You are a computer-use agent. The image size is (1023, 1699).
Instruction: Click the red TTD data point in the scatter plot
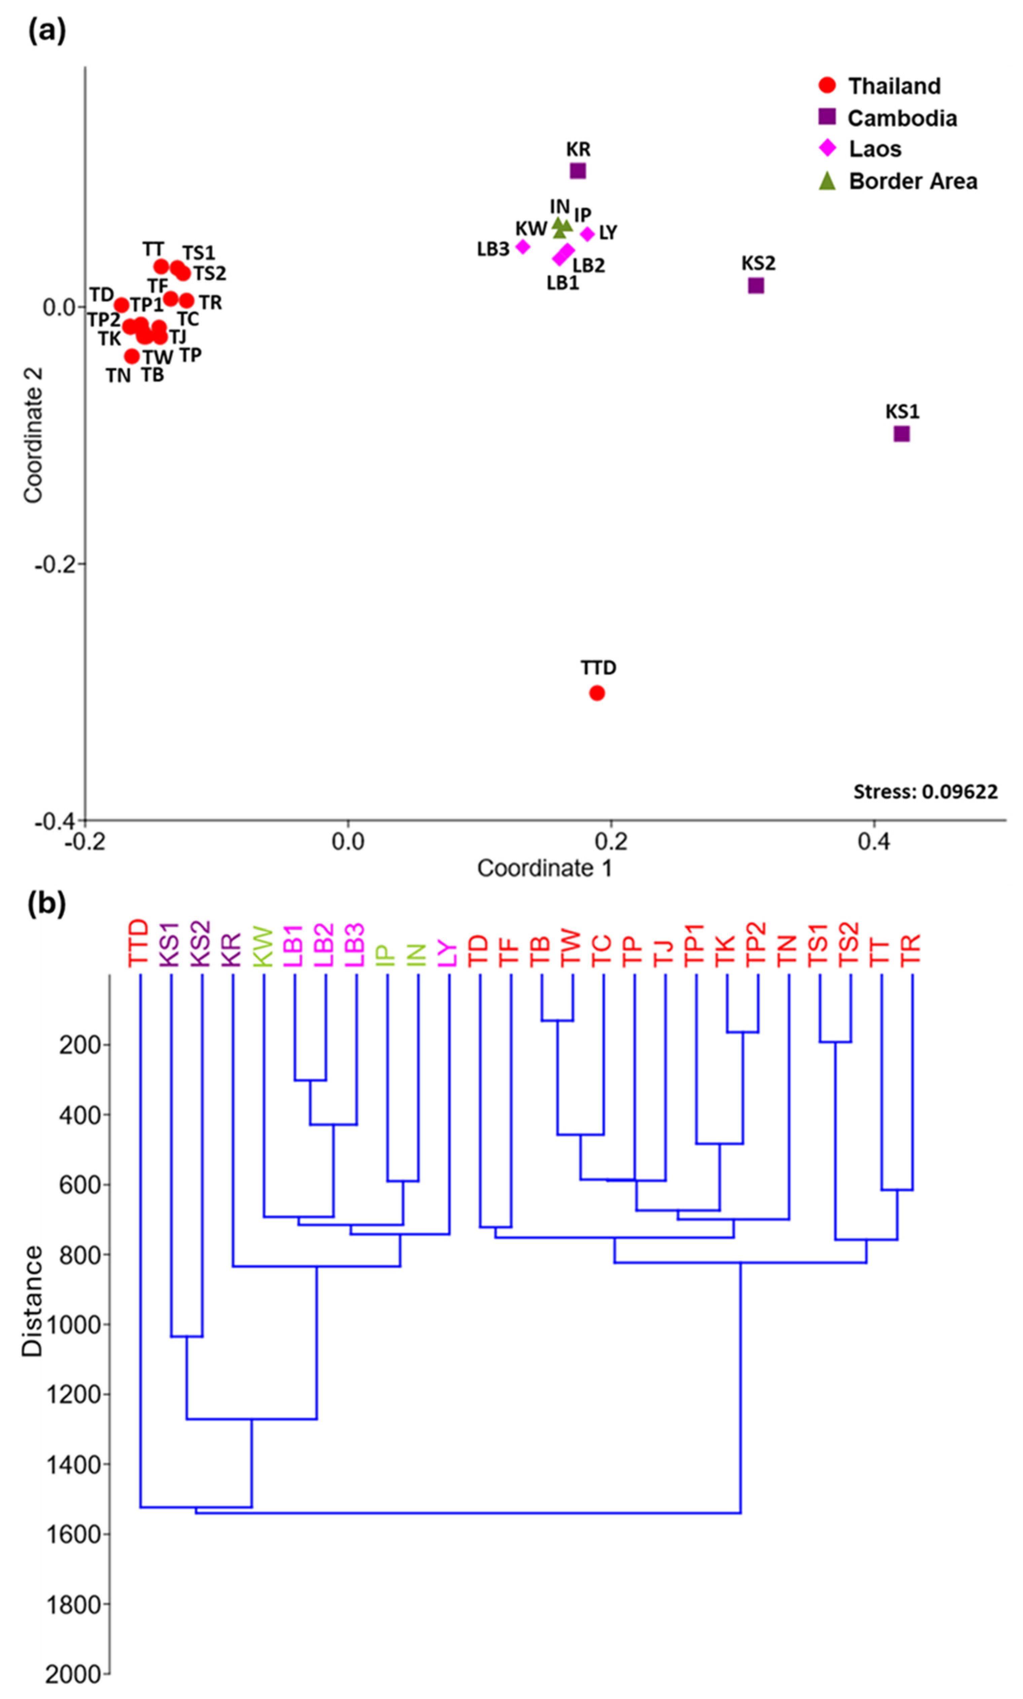pos(597,693)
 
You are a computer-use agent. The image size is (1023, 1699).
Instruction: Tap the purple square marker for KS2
pos(756,286)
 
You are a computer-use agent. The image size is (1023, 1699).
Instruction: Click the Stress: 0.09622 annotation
pos(925,792)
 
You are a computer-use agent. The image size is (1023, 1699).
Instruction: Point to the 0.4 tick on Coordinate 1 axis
pos(874,843)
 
